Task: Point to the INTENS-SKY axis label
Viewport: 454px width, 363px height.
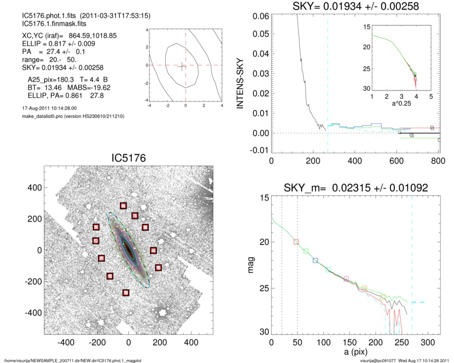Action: click(x=239, y=83)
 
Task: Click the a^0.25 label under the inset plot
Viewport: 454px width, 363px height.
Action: click(x=401, y=104)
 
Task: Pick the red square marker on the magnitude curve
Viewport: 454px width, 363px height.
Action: click(x=296, y=242)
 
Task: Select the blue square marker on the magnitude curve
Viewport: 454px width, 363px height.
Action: click(x=315, y=260)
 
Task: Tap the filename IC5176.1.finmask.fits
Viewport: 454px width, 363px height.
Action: click(x=49, y=24)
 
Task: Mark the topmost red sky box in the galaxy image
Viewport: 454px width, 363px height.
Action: click(x=123, y=206)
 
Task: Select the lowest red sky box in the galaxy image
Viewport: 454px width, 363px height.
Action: click(x=126, y=293)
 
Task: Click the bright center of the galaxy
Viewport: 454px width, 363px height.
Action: click(x=129, y=251)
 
